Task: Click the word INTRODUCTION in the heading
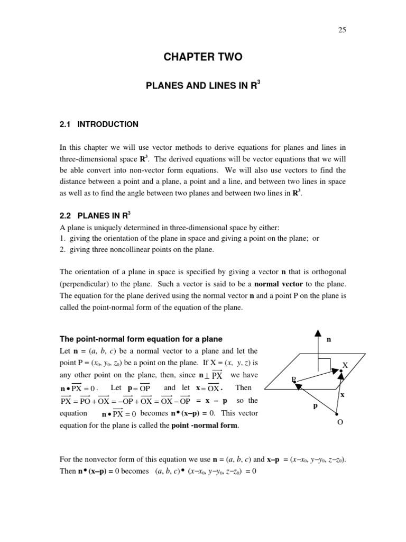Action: click(108, 124)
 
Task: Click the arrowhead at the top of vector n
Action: click(318, 332)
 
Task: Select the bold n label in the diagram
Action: click(329, 340)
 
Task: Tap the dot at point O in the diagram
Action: click(337, 415)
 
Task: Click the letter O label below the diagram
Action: click(340, 423)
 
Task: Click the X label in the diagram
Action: click(345, 365)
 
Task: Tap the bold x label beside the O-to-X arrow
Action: click(343, 395)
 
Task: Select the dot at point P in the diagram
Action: click(296, 383)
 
